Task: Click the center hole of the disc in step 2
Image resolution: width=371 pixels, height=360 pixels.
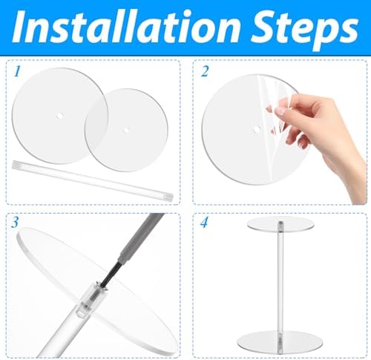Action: point(256,131)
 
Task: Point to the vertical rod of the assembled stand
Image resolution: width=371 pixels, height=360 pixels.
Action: point(279,282)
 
